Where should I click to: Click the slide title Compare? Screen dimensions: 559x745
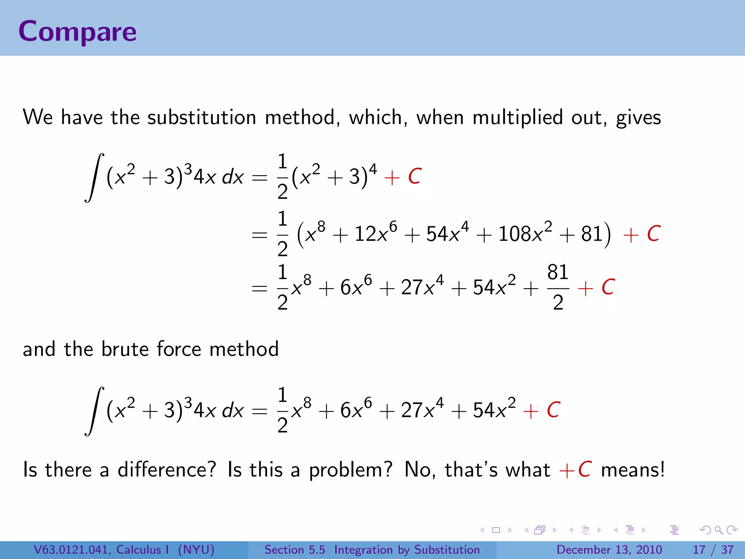77,32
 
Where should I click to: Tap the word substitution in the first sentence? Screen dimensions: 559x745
202,118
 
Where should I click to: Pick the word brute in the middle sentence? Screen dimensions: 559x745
125,349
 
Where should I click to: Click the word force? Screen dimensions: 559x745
179,349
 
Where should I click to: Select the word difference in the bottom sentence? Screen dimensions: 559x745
167,469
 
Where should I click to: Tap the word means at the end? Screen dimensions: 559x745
633,469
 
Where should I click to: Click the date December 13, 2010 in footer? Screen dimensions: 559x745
609,550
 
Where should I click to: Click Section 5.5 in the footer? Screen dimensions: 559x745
295,550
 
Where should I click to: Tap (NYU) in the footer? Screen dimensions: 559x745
196,550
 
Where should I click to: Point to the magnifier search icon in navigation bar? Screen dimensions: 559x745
718,530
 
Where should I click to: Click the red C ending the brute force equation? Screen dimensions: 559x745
553,410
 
